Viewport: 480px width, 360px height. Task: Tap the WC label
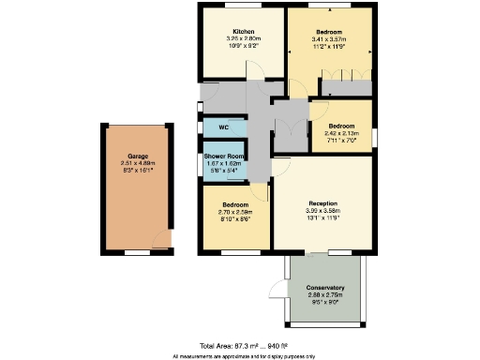pyautogui.click(x=224, y=127)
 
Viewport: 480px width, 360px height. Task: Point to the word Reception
pyautogui.click(x=322, y=203)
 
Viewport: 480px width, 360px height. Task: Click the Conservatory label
pyautogui.click(x=325, y=287)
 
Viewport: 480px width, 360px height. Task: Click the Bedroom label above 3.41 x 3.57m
pyautogui.click(x=328, y=31)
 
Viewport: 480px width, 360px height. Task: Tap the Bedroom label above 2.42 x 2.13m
pyautogui.click(x=341, y=125)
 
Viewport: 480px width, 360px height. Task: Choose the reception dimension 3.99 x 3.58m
pyautogui.click(x=322, y=211)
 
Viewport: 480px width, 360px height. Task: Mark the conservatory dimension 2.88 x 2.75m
pyautogui.click(x=325, y=294)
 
